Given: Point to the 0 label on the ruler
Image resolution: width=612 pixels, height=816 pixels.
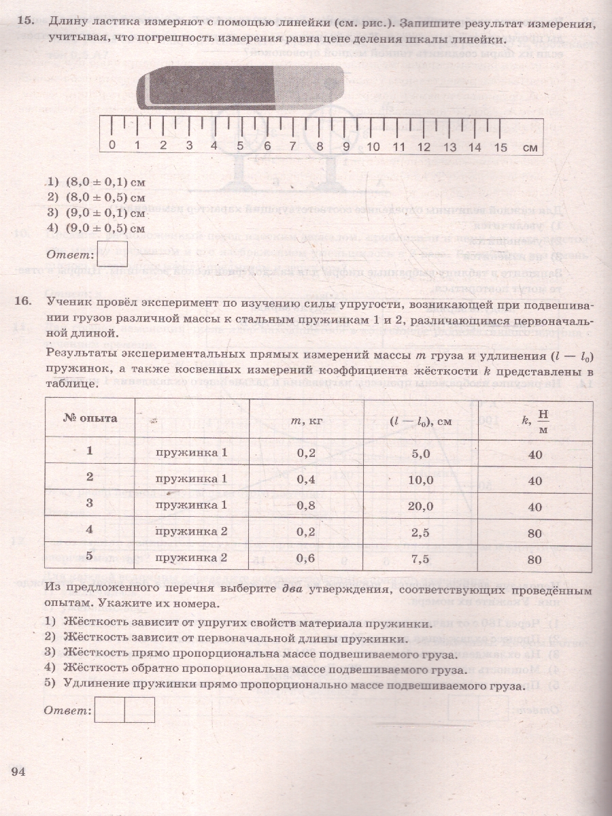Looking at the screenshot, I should coord(112,146).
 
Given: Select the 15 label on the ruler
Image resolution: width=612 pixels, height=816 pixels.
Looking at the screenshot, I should coord(500,146).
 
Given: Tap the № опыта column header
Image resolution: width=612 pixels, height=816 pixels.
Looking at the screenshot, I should coord(90,418).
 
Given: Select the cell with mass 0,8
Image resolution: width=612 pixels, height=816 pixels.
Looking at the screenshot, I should coord(307,505).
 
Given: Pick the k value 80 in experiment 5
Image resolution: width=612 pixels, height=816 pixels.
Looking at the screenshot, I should coord(534,560).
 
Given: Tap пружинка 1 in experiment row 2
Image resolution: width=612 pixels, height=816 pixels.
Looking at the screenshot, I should coord(191,479).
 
